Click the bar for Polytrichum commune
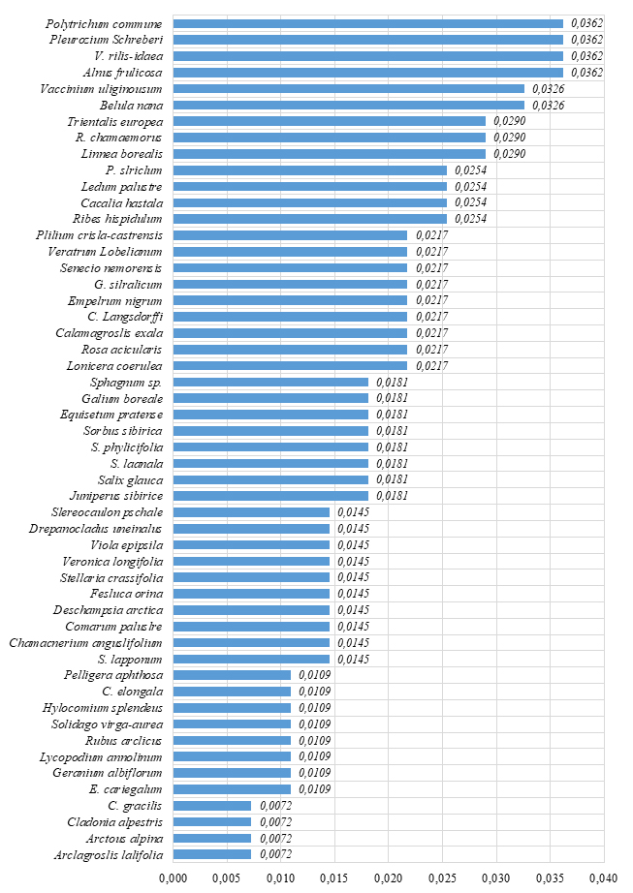tap(368, 23)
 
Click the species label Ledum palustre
tap(122, 186)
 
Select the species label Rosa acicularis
tap(121, 349)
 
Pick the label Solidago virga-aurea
tap(108, 724)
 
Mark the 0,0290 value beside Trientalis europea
tap(510, 121)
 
